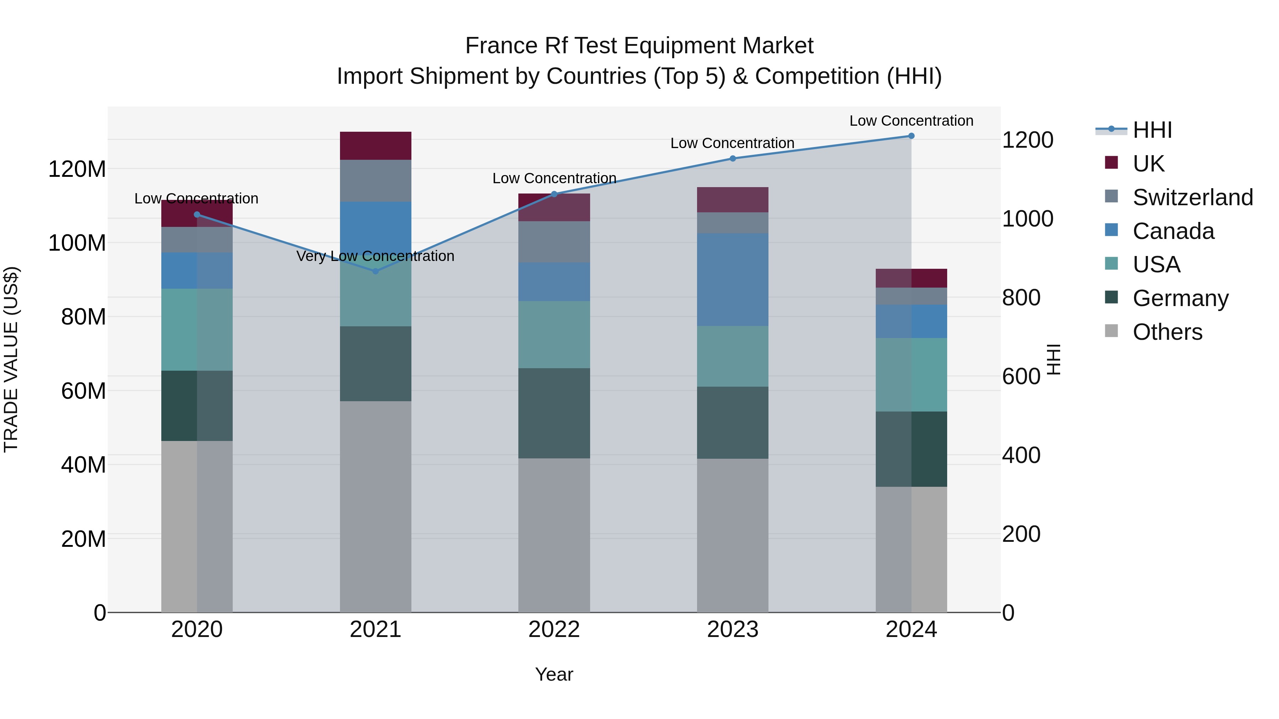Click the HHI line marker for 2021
point(376,271)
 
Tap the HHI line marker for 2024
point(911,136)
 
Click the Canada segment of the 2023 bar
point(732,279)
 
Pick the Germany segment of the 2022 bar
point(554,413)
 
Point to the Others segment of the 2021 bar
point(376,506)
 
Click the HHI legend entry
point(1152,130)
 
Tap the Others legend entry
point(1167,332)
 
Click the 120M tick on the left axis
point(77,169)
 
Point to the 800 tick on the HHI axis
point(1021,298)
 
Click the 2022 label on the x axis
point(554,630)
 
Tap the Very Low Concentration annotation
point(376,256)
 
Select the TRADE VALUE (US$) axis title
point(11,359)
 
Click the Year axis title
point(554,674)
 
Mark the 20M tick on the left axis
point(83,539)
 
